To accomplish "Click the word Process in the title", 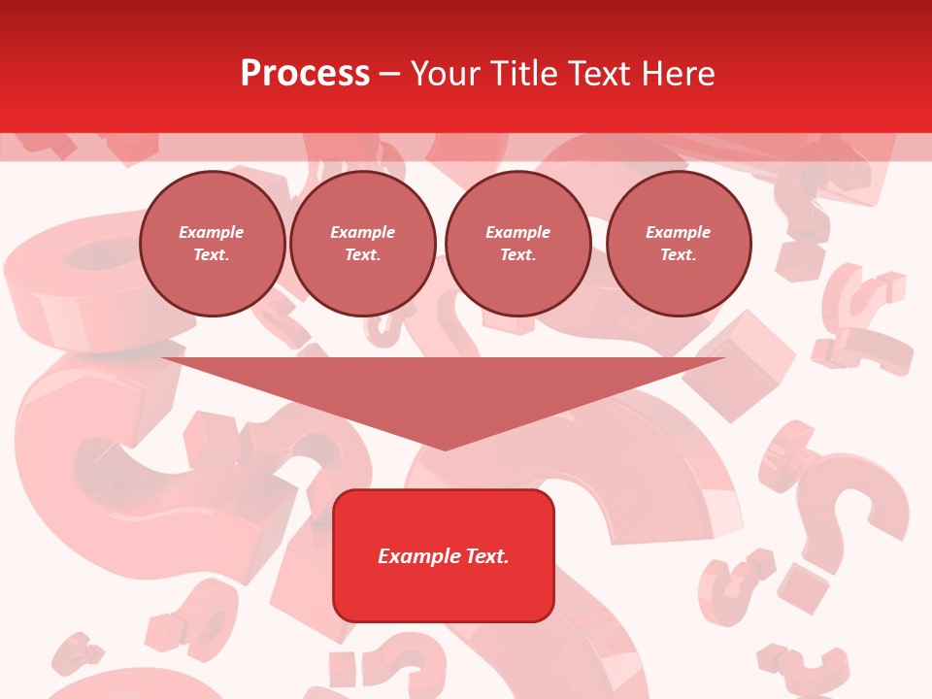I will click(305, 74).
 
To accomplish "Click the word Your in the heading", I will click(445, 74).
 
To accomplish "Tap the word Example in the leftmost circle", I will click(212, 232).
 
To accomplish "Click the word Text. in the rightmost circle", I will click(678, 255).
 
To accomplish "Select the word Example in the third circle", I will click(517, 232).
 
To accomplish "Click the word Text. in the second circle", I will click(362, 255).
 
